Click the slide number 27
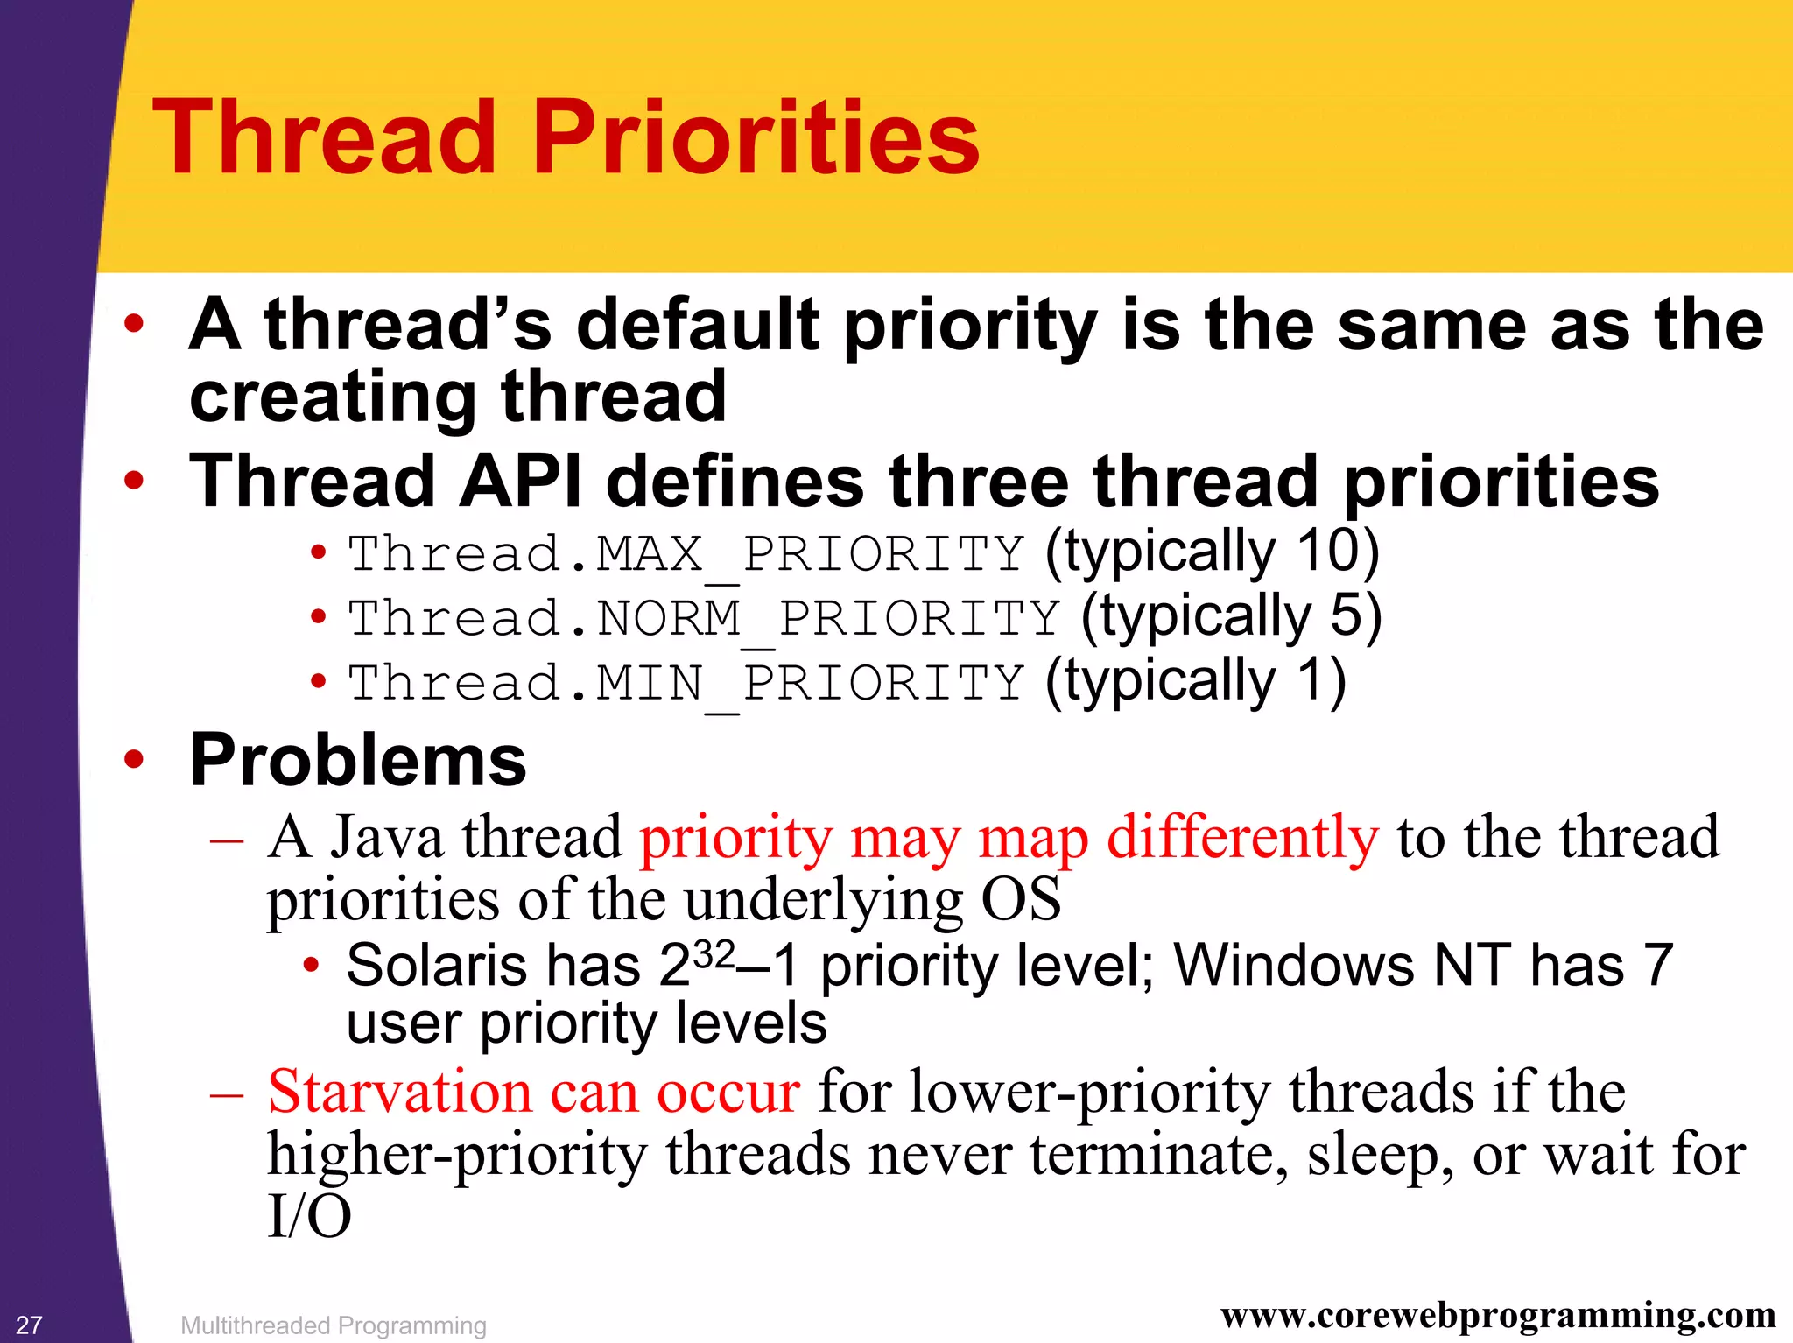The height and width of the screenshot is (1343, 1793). click(29, 1325)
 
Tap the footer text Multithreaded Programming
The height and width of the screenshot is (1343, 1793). click(333, 1325)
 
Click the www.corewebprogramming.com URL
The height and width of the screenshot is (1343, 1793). click(1498, 1314)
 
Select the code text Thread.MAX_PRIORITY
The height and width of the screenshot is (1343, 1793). click(686, 554)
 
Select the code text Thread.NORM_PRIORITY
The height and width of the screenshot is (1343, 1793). click(704, 618)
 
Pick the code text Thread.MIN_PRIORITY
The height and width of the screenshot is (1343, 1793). click(686, 683)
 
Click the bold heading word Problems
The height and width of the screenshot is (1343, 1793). click(358, 760)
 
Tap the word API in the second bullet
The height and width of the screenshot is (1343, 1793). click(520, 482)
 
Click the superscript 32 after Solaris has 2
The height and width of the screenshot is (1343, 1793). click(713, 953)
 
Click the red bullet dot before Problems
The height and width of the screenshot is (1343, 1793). click(133, 759)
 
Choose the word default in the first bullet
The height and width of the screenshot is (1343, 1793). click(698, 325)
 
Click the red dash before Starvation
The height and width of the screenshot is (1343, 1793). click(227, 1094)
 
